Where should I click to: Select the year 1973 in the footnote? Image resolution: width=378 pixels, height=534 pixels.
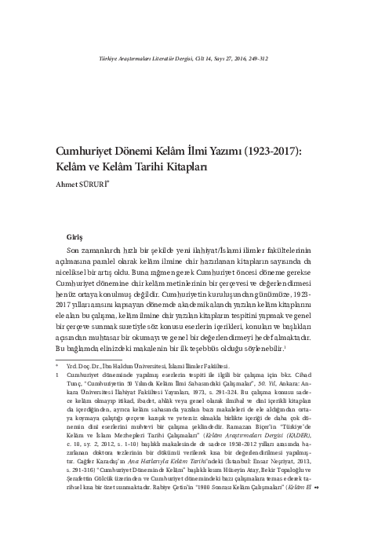[x=186, y=391]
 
